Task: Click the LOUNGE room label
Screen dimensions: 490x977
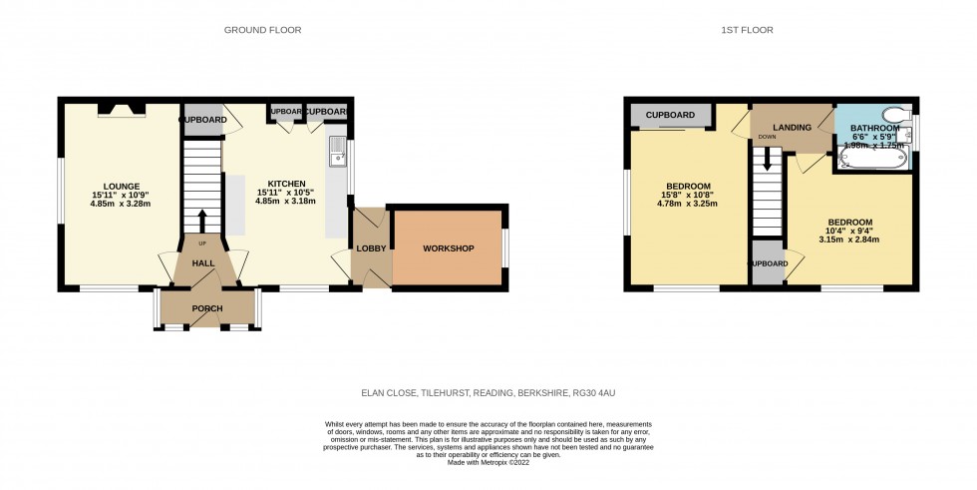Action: (122, 186)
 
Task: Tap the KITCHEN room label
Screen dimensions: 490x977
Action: (285, 184)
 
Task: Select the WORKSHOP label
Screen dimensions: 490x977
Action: (448, 248)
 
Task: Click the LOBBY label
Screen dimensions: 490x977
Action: (365, 248)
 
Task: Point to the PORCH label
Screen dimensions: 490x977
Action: (207, 308)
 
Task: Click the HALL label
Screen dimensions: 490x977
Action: (203, 263)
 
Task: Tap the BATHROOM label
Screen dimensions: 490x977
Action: (874, 129)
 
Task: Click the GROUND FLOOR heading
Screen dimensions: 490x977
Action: (262, 30)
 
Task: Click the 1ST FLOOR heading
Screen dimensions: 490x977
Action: (748, 30)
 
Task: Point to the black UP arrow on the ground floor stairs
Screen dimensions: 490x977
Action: (202, 220)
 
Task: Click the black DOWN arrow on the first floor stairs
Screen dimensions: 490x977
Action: (766, 160)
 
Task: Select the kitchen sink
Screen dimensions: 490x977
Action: (335, 150)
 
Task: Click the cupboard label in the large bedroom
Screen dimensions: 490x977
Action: (670, 116)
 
